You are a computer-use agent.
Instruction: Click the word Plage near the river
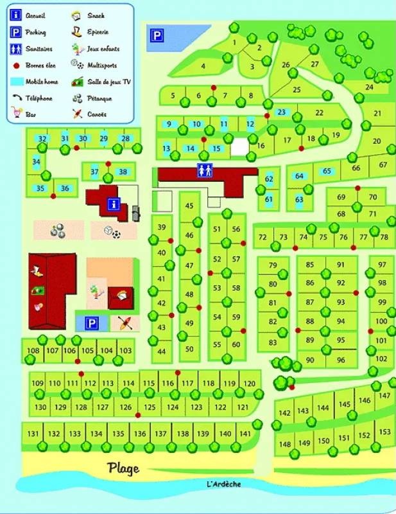click(x=123, y=468)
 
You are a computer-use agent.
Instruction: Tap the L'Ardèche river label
click(x=225, y=484)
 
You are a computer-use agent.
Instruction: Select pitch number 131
click(x=33, y=434)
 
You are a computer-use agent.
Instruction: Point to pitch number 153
click(x=385, y=432)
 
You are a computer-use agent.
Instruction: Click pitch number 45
click(x=189, y=206)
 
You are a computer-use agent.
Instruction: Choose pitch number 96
click(x=340, y=360)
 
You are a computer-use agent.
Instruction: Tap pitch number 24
click(x=369, y=87)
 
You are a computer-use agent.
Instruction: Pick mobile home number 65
click(x=327, y=172)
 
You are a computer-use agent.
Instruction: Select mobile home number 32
click(x=42, y=139)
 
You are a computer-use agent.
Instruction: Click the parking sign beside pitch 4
click(x=156, y=37)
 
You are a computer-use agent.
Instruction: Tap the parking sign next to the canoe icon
click(x=92, y=323)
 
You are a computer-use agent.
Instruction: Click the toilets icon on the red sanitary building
click(x=205, y=171)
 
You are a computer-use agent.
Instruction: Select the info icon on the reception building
click(x=114, y=204)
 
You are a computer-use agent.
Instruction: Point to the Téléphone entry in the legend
click(x=39, y=98)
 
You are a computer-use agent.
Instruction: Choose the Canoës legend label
click(x=98, y=114)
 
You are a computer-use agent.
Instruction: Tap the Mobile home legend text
click(x=40, y=82)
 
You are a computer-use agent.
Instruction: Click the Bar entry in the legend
click(x=30, y=114)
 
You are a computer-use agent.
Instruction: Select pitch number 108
click(x=33, y=351)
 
